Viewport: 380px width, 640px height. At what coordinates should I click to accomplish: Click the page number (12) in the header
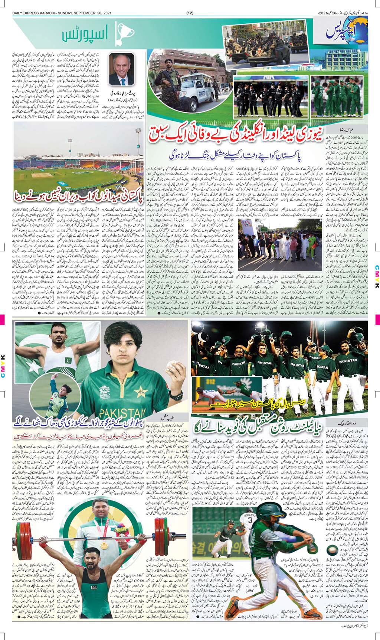(x=190, y=13)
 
